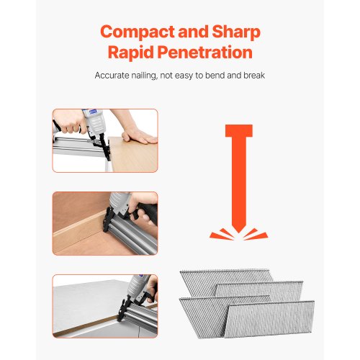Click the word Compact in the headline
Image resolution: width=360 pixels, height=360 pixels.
coord(137,32)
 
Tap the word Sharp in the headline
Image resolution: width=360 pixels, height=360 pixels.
coord(236,32)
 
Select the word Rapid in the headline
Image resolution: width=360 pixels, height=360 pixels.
coord(130,52)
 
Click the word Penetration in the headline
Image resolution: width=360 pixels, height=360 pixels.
coord(204,52)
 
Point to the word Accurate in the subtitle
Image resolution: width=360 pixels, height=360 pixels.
coord(112,76)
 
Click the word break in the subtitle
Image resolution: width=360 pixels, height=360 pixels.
coord(254,76)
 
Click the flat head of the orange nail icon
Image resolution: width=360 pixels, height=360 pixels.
coord(239,131)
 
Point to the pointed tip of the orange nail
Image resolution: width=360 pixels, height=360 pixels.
coord(238,232)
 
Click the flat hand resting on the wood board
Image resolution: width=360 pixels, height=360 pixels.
coord(138,136)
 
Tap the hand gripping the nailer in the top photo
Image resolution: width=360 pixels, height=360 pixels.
coord(69,122)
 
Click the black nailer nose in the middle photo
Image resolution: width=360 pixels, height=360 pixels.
coord(107,220)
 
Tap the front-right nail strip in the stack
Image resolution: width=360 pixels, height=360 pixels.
coord(269,319)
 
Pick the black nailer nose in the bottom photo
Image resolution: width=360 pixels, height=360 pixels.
coord(123,310)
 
